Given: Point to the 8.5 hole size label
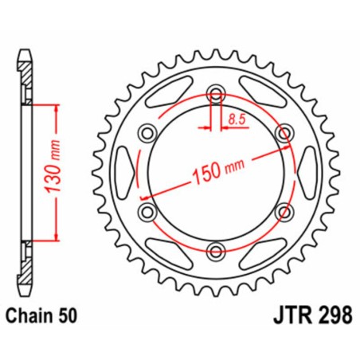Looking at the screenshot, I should click(x=237, y=119).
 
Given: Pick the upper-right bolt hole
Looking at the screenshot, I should click(x=284, y=134).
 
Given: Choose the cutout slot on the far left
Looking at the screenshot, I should click(x=119, y=173).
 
